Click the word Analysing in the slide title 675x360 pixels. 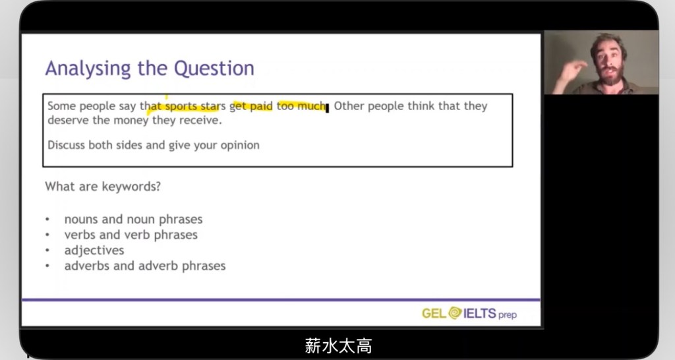(88, 69)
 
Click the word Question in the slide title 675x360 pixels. (214, 68)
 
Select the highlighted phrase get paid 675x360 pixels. (251, 107)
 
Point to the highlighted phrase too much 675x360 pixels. (301, 106)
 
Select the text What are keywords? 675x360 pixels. (103, 187)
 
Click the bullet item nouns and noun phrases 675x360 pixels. (133, 220)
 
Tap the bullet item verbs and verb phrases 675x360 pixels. (131, 235)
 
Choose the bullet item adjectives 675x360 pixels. (94, 251)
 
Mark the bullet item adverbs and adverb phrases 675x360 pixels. (145, 266)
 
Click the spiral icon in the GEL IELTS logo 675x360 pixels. (455, 313)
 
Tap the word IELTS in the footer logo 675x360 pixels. (480, 313)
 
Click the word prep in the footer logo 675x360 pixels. (508, 315)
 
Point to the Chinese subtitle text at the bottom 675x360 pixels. (338, 345)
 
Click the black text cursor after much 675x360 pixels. (327, 107)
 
